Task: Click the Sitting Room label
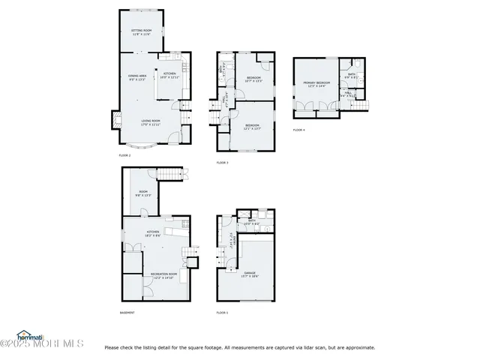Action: tap(142, 32)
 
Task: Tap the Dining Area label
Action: tap(136, 77)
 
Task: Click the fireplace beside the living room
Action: tap(115, 118)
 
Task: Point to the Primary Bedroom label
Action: tap(316, 84)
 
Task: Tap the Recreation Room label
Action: tap(163, 275)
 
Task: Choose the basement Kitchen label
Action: tap(153, 233)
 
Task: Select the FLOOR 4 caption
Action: tap(298, 130)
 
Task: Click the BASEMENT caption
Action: tap(127, 312)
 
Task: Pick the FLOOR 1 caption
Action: tap(222, 312)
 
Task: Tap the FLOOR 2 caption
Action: tap(124, 155)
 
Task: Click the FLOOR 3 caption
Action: tap(222, 162)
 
